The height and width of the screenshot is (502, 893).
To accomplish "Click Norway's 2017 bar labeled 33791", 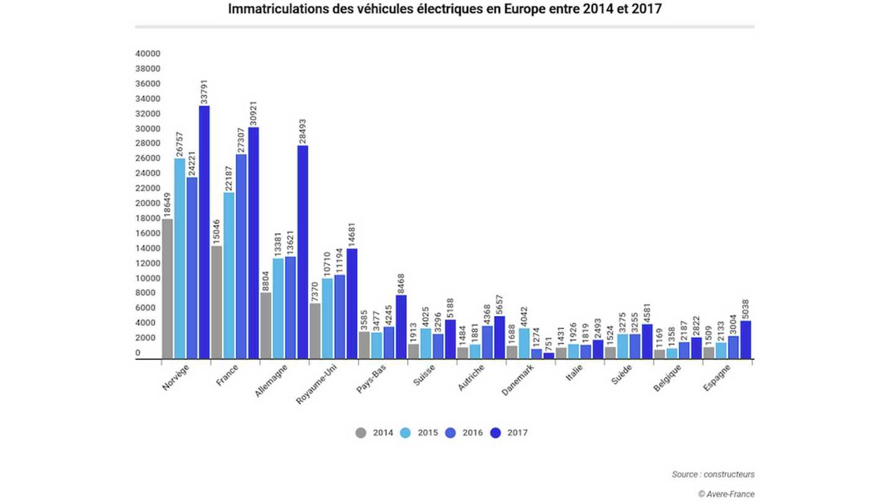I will coord(204,232).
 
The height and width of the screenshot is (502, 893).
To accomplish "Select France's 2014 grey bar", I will coord(216,302).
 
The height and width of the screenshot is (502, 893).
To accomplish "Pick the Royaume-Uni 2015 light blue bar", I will coord(327,318).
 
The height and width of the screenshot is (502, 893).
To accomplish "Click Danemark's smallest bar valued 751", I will coord(549,356).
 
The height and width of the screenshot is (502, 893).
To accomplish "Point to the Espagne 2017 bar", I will coord(746,340).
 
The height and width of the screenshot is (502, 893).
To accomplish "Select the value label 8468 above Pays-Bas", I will coord(401,284).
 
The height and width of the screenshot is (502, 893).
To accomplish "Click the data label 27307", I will coord(241,140).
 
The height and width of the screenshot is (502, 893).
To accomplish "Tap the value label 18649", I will coord(167,205).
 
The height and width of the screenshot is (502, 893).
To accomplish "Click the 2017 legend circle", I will coord(496,433).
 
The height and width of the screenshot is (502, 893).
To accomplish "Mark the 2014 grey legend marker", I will coord(361,433).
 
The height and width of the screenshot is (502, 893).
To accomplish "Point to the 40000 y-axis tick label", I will coord(147,54).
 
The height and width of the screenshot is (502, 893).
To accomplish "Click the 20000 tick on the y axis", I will coord(147,203).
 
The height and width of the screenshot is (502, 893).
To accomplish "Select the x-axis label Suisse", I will coord(424,375).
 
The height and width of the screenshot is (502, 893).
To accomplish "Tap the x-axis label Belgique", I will coord(667,378).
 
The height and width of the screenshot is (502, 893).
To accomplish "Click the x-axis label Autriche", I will coord(471,377).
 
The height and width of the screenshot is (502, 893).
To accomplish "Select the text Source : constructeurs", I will coord(713,475).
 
